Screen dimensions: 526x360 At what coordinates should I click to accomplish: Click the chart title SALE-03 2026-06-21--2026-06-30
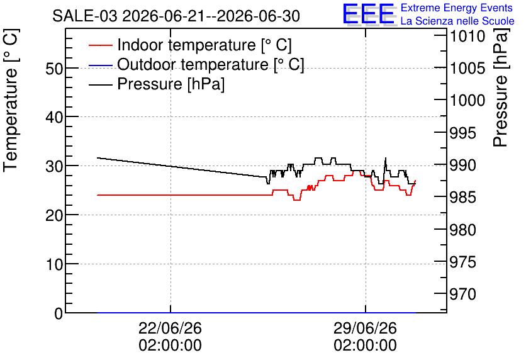pos(176,16)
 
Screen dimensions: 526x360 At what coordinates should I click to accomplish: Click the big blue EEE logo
pos(369,14)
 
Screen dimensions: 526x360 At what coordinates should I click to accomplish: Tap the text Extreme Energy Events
pos(457,8)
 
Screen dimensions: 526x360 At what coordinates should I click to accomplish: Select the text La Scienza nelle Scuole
pos(457,21)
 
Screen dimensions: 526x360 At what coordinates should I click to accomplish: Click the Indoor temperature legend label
pos(204,45)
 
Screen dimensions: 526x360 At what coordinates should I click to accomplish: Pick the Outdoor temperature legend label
pos(211,64)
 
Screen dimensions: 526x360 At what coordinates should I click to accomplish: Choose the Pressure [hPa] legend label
pos(171,84)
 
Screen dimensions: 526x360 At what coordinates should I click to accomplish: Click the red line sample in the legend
pos(100,45)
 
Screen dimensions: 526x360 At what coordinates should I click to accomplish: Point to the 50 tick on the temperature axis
pos(54,69)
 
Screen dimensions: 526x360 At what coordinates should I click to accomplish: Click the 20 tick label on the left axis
pos(54,215)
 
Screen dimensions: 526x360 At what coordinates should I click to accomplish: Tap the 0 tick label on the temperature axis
pos(59,313)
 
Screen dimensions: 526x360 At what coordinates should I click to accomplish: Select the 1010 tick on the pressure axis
pos(467,37)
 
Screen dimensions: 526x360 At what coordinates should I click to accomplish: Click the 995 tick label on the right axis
pos(462,133)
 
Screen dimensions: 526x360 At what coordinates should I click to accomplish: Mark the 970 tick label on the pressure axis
pos(462,295)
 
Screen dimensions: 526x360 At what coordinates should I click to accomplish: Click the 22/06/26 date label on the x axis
pos(171,328)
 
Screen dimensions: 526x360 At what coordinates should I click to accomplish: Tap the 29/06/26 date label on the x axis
pos(366,328)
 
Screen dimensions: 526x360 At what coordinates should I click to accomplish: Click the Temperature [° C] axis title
pos(11,100)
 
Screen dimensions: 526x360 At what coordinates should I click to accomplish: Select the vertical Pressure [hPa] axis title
pos(500,87)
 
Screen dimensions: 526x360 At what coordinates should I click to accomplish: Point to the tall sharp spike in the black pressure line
pos(386,158)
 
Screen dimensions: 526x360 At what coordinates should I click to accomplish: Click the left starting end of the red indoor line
pos(98,195)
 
